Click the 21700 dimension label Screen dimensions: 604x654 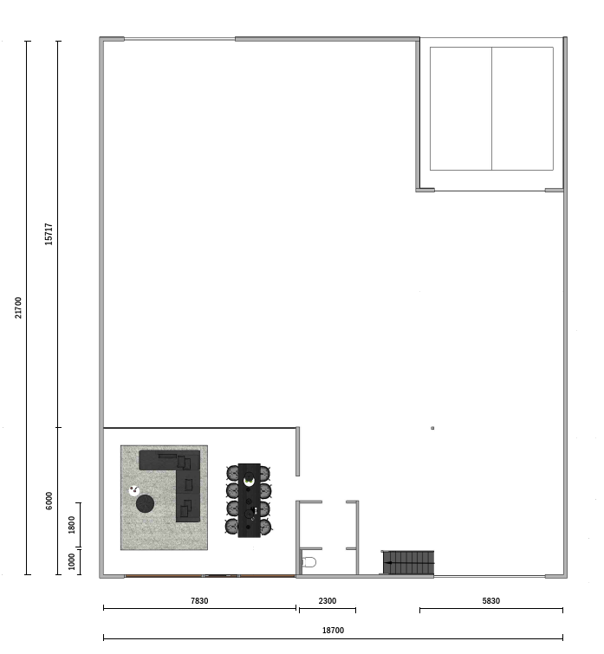click(x=18, y=308)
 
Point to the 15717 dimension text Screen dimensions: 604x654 click(x=49, y=234)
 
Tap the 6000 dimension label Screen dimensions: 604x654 click(x=49, y=501)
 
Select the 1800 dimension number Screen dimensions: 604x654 click(x=71, y=525)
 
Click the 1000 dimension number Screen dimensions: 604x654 click(x=71, y=561)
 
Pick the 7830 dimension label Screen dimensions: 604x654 click(x=199, y=600)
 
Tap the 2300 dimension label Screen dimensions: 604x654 click(x=328, y=600)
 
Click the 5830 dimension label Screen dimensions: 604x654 click(x=491, y=600)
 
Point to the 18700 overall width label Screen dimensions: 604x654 click(x=334, y=631)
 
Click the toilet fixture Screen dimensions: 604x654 click(x=308, y=562)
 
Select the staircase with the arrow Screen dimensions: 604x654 click(x=408, y=562)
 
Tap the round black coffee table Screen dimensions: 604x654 click(x=146, y=504)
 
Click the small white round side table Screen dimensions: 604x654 click(x=134, y=490)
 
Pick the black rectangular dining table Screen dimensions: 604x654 click(x=250, y=500)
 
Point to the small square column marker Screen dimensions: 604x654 click(x=432, y=428)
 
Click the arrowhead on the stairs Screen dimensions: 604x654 click(x=388, y=563)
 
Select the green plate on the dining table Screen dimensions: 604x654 click(x=249, y=482)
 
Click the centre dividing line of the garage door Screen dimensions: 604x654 click(x=492, y=108)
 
